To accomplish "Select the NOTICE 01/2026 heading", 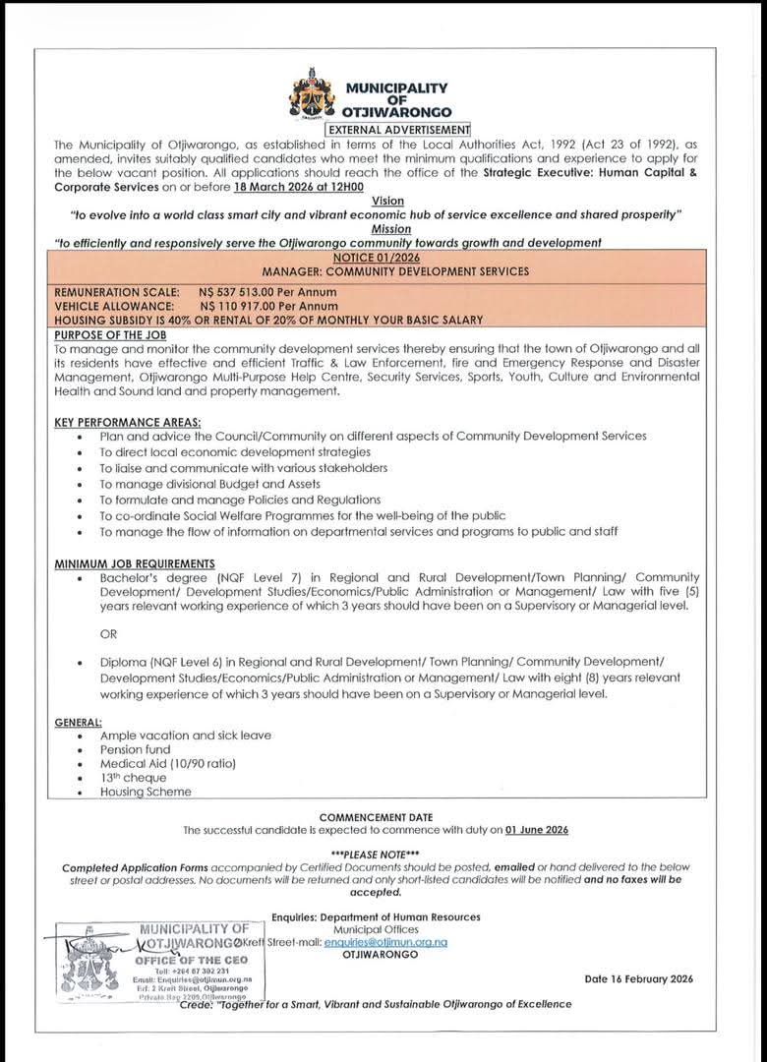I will tap(383, 258).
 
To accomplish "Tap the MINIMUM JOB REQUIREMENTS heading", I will tap(134, 562).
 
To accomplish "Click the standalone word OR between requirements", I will tap(108, 633).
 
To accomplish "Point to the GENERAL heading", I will tap(80, 722).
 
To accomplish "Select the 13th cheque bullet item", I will tap(133, 778).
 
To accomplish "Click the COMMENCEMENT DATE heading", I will tap(376, 817).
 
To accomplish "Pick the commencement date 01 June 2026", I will tap(537, 831).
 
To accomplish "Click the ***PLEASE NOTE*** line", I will tap(376, 853).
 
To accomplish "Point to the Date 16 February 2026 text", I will tap(639, 978).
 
